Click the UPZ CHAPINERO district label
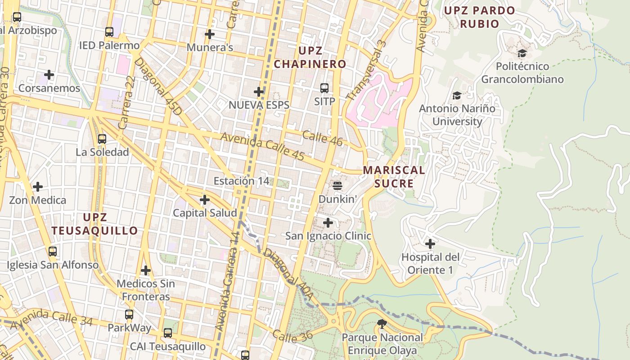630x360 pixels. (x=310, y=57)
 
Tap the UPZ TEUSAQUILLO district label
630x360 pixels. (x=94, y=224)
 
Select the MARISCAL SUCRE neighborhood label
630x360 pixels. (x=394, y=177)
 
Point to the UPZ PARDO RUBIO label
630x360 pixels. (x=479, y=17)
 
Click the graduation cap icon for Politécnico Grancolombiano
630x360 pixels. (x=522, y=54)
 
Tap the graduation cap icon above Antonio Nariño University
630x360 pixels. (x=457, y=96)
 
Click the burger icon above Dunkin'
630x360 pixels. (x=337, y=185)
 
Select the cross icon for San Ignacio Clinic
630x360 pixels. (x=328, y=223)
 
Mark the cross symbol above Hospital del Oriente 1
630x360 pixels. (x=430, y=244)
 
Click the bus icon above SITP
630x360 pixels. (x=324, y=88)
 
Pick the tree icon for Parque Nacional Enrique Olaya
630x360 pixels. (x=382, y=324)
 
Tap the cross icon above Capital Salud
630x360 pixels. (x=205, y=200)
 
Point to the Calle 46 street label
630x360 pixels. (x=322, y=138)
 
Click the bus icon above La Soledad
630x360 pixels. (x=102, y=139)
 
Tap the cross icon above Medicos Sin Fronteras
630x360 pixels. (x=145, y=270)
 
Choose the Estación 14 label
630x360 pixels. (x=241, y=181)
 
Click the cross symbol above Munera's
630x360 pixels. (x=209, y=34)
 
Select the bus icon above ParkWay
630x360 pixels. (x=129, y=315)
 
